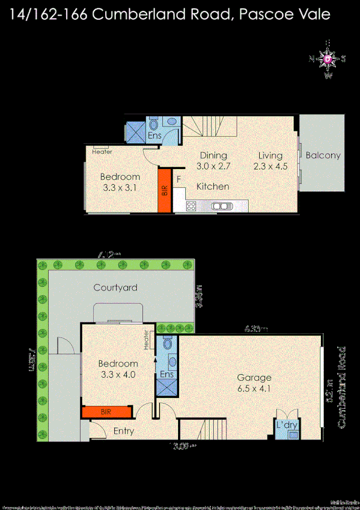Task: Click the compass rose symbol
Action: click(327, 59)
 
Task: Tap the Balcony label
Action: click(323, 155)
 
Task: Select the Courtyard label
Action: click(115, 287)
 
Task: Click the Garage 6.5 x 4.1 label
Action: click(254, 384)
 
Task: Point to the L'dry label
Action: click(287, 425)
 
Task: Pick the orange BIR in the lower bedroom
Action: click(106, 413)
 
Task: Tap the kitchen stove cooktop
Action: click(191, 206)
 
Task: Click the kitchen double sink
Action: click(221, 206)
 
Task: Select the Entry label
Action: click(124, 431)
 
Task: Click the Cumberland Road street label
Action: click(342, 387)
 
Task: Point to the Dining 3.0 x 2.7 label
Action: click(213, 160)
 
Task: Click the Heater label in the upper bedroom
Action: click(102, 152)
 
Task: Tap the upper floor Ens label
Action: click(154, 136)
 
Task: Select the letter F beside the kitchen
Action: click(178, 179)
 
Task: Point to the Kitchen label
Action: click(213, 186)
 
